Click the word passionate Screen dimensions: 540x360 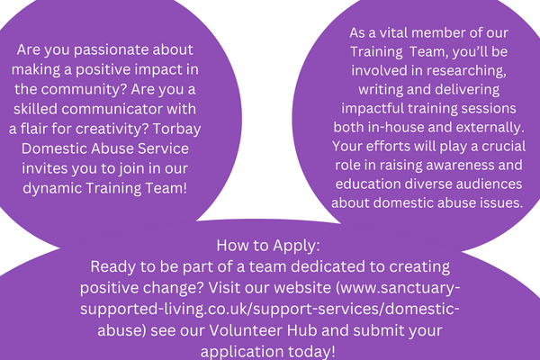pos(112,50)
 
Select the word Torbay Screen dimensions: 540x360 pos(176,130)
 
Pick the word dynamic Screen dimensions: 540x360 pos(52,188)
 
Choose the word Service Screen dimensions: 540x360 pos(163,148)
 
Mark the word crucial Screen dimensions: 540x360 pos(503,147)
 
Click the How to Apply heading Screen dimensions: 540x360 pos(268,246)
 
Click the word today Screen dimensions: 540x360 pos(311,352)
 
